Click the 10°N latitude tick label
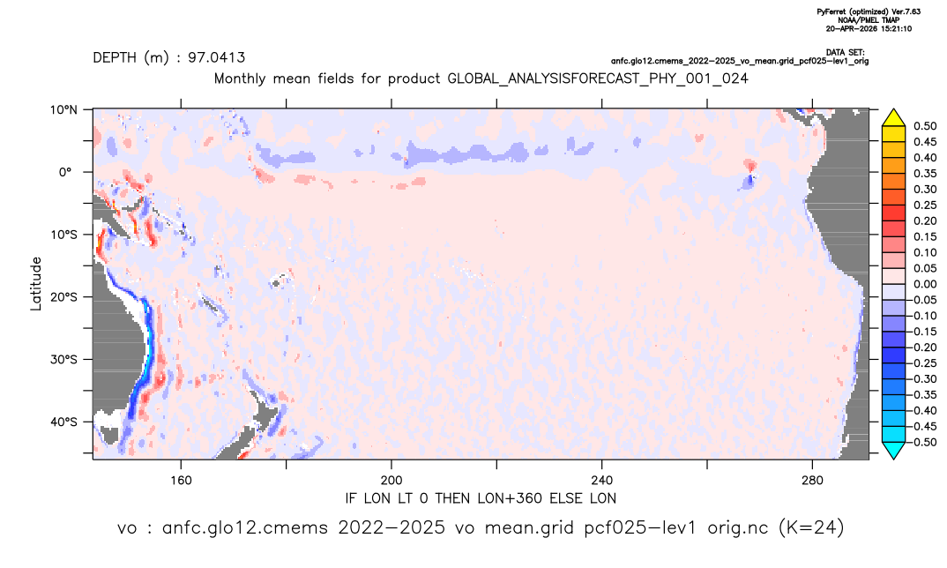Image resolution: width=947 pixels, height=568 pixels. pos(64,110)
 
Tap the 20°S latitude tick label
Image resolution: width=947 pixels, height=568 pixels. pos(64,297)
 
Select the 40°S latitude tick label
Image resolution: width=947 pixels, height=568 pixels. pos(64,422)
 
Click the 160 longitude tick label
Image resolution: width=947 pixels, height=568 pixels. pos(181,481)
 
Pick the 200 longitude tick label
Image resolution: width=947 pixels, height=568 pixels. pos(391,481)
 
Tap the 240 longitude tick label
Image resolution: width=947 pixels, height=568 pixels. pos(602,481)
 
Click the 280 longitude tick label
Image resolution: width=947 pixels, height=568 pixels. pos(812,481)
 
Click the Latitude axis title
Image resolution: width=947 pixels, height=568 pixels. pos(36,284)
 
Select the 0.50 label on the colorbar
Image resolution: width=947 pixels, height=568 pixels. pos(925,126)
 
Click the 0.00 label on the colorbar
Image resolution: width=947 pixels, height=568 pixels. pos(925,284)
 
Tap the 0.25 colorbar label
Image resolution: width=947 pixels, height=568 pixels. pos(925,206)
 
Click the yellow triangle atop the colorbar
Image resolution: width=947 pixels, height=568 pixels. pos(893,118)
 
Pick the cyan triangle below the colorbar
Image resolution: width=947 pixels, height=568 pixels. pos(893,450)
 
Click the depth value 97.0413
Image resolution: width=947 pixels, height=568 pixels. pos(217,57)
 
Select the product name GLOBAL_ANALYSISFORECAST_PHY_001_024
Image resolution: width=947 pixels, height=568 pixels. pos(598,78)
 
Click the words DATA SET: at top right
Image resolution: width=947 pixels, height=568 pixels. pos(845,53)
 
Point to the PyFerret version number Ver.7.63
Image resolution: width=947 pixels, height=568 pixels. pos(906,11)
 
